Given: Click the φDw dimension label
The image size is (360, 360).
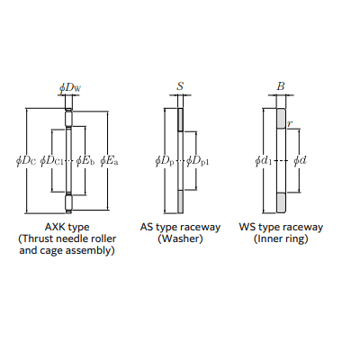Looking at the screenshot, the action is [x=70, y=88].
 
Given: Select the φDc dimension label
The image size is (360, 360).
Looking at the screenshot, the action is [x=26, y=161].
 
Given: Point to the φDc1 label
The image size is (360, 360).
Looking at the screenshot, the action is [x=51, y=161].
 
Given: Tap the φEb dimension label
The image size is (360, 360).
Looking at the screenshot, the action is [x=85, y=161].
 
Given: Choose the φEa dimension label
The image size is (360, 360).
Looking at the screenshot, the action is [x=109, y=161].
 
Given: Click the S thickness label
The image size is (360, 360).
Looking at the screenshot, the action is [x=180, y=86].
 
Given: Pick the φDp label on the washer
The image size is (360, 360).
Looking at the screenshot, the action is [x=165, y=161].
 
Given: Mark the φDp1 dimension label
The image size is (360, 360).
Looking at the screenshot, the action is [x=197, y=161].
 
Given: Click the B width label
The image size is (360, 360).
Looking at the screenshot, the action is [x=281, y=86].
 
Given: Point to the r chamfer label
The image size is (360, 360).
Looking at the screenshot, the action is [x=290, y=123].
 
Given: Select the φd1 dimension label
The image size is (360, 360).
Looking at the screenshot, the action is [x=264, y=161].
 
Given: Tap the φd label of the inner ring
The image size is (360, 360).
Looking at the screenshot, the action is [x=300, y=161].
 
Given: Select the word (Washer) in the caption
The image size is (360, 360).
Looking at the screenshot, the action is [x=180, y=238].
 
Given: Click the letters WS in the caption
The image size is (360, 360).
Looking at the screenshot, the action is [x=247, y=227].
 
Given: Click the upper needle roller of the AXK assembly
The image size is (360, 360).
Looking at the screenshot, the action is [x=69, y=118].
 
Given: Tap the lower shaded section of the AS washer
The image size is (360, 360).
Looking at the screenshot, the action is [x=180, y=202].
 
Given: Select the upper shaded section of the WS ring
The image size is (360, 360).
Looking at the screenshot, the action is [x=281, y=118].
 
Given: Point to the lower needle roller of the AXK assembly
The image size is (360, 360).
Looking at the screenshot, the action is [x=69, y=203].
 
